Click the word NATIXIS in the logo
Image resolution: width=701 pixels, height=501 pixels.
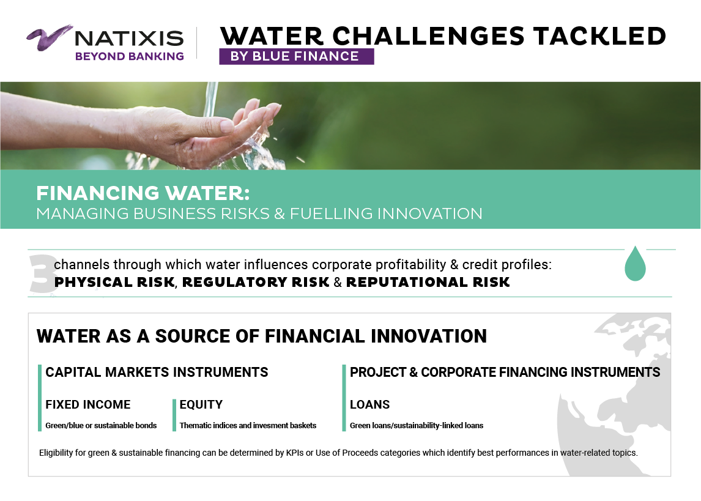point(129,39)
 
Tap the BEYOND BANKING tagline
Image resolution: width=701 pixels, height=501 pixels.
point(129,56)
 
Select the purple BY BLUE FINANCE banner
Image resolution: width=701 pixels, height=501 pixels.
point(297,56)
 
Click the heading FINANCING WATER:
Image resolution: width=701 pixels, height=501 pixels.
point(143,193)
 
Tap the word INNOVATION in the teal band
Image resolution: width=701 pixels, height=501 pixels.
point(429,213)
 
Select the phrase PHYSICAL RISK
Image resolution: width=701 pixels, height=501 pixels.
point(114,283)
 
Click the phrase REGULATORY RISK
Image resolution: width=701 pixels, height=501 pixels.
point(256,283)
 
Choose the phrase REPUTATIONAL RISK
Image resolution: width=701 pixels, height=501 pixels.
point(428,283)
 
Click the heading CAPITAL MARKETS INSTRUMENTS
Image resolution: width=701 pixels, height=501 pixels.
point(157,373)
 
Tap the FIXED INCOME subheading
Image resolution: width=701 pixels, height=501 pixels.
point(88,404)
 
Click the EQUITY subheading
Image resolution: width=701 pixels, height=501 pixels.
point(201,404)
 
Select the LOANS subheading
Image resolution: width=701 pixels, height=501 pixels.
point(369,404)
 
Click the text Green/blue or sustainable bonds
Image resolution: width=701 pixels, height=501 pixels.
point(101,426)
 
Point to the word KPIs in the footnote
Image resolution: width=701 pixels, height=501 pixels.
point(295,453)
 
